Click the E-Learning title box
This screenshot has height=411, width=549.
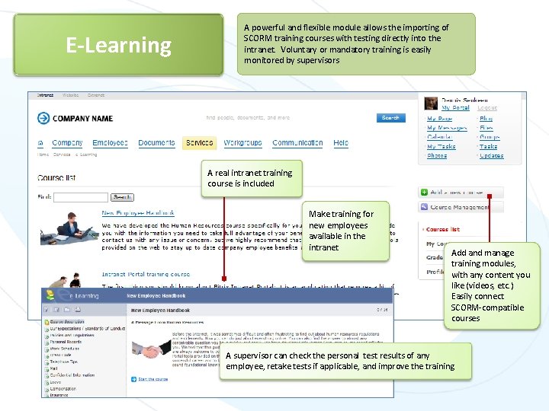(x=118, y=46)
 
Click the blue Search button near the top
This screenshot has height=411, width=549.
(x=390, y=118)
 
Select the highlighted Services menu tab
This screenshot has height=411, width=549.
(x=200, y=143)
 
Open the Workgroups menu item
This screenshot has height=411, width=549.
(x=242, y=143)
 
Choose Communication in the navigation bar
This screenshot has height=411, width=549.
(x=297, y=143)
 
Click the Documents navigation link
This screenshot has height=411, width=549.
(x=156, y=143)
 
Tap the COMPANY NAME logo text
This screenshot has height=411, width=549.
(x=82, y=119)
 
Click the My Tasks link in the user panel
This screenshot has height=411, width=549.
(x=441, y=146)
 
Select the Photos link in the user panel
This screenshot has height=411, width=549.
(x=437, y=155)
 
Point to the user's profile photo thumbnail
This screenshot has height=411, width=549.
(x=429, y=104)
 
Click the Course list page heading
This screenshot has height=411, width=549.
(x=56, y=178)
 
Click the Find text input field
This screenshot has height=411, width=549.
(x=81, y=197)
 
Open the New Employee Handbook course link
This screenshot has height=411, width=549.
(x=138, y=213)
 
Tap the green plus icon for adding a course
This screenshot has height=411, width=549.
(x=425, y=193)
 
